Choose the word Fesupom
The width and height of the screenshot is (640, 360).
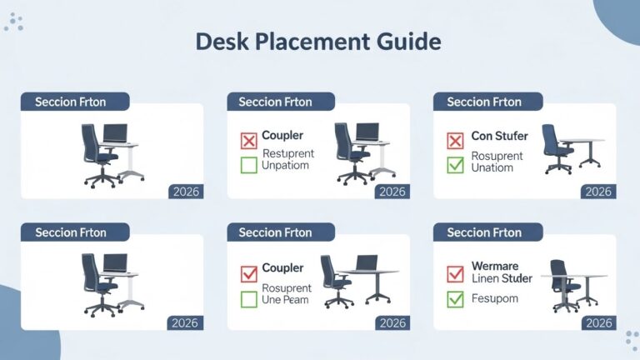pyautogui.click(x=494, y=298)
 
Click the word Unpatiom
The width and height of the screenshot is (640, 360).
pyautogui.click(x=285, y=165)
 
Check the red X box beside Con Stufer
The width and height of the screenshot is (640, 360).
pyautogui.click(x=455, y=140)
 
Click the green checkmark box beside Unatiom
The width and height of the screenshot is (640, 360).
pyautogui.click(x=455, y=165)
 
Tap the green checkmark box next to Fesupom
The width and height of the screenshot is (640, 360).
pyautogui.click(x=455, y=298)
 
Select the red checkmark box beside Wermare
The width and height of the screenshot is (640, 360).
pyautogui.click(x=455, y=272)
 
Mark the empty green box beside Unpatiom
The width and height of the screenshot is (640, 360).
pyautogui.click(x=248, y=165)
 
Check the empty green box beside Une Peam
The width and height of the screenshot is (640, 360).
pyautogui.click(x=248, y=298)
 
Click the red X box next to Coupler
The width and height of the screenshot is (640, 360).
pyautogui.click(x=248, y=140)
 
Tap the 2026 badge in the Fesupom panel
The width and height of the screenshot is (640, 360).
pyautogui.click(x=598, y=323)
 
